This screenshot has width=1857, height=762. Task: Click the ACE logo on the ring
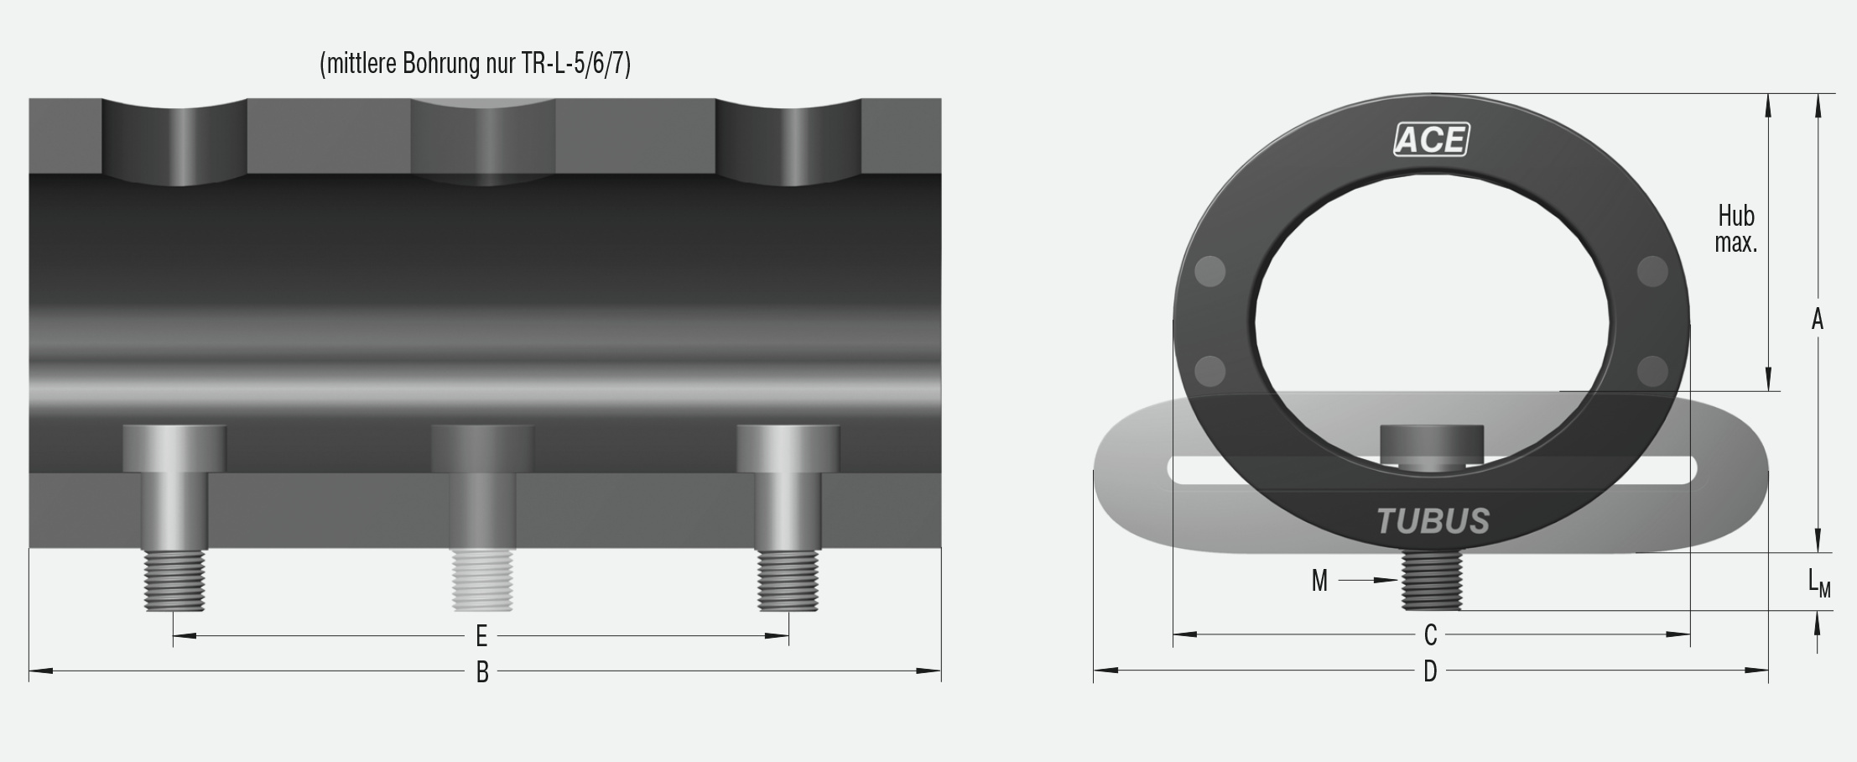[x=1431, y=139]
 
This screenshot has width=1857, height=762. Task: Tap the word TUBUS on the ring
[x=1433, y=521]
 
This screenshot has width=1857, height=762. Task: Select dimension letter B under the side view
[x=482, y=672]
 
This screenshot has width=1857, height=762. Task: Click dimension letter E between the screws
[x=481, y=636]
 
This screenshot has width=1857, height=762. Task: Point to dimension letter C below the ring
[x=1431, y=635]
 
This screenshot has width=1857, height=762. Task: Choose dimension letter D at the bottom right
[x=1431, y=671]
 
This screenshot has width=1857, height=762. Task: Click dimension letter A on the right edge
[x=1817, y=320]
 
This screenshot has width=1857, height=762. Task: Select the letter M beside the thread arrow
[x=1319, y=581]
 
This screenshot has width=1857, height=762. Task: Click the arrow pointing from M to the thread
[x=1367, y=580]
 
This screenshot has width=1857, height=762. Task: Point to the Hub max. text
[x=1735, y=229]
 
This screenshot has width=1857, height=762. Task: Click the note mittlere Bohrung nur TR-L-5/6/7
[x=475, y=64]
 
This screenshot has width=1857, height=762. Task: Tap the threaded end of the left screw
[x=174, y=580]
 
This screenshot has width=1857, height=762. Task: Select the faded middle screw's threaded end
[x=481, y=580]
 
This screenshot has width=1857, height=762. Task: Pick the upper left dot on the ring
[x=1209, y=271]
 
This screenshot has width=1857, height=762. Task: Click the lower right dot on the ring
[x=1652, y=370]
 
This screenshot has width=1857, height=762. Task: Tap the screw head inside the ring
[x=1432, y=442]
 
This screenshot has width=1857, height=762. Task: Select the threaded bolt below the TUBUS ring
[x=1432, y=581]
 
